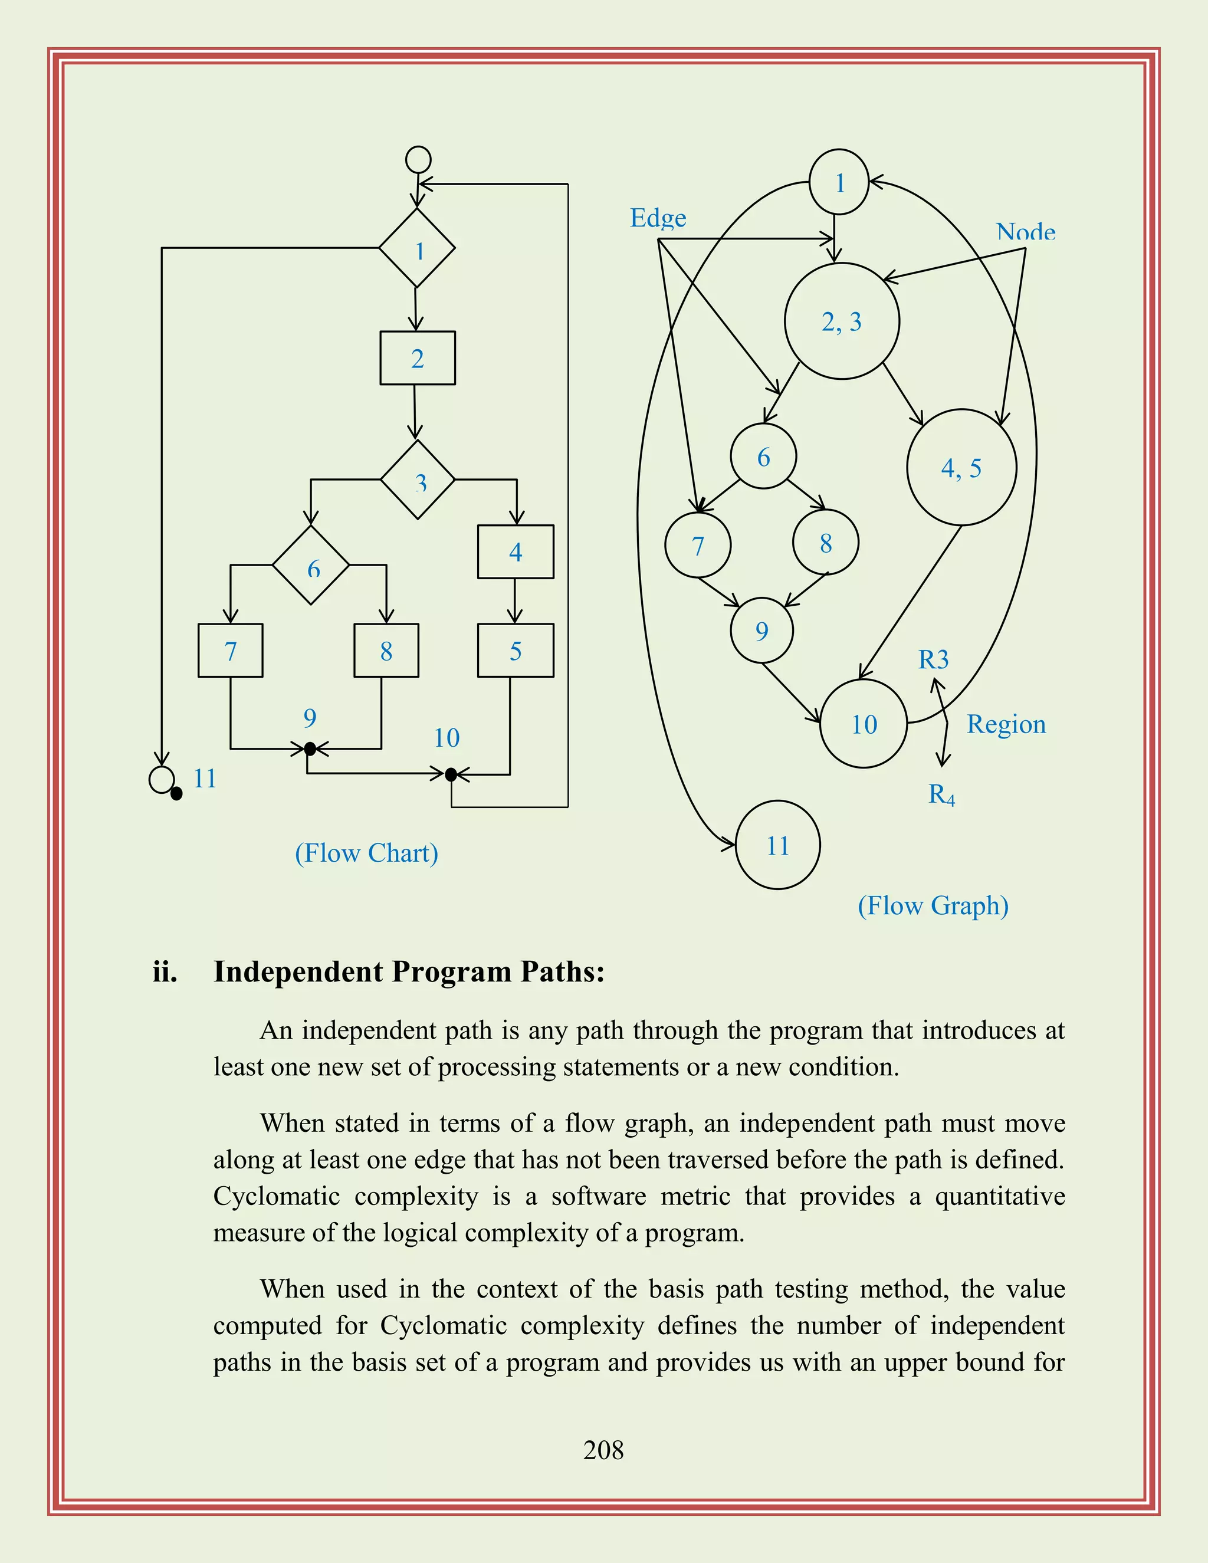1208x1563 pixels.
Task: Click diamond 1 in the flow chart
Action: coord(417,248)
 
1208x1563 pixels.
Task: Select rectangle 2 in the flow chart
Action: coord(417,358)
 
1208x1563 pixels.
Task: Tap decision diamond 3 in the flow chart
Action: coord(418,480)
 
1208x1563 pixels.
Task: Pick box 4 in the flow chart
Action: coord(516,552)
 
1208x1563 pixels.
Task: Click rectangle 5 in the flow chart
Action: coord(516,651)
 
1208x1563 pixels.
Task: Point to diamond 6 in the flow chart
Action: coord(311,566)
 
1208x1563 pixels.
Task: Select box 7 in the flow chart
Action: coord(231,651)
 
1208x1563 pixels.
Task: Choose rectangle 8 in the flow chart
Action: coord(386,651)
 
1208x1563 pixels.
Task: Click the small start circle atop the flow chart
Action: coord(418,160)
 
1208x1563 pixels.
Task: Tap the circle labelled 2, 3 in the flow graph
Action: coord(842,321)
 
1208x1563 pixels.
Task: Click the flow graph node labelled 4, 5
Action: coord(961,468)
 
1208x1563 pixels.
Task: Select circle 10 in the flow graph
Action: coord(864,724)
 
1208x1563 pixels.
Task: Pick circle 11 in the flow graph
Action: coord(778,845)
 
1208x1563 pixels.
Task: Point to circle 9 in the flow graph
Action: coord(761,631)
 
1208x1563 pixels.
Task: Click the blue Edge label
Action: coord(658,218)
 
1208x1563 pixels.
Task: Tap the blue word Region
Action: coord(1006,724)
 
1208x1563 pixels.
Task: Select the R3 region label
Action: coord(933,659)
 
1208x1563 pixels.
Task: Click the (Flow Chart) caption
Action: coord(366,853)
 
